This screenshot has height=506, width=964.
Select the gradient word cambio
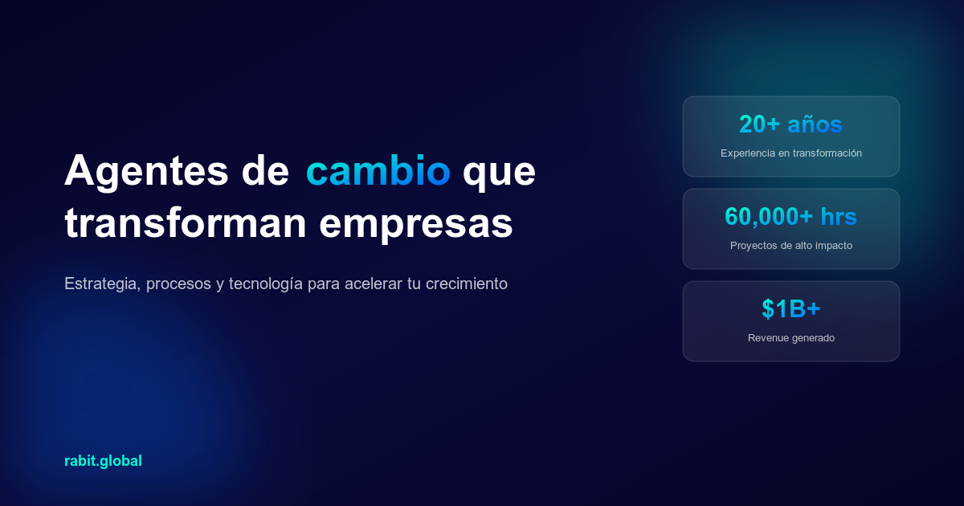click(x=378, y=170)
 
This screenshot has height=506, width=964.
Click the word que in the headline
click(x=499, y=172)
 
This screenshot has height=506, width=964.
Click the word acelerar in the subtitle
click(x=366, y=284)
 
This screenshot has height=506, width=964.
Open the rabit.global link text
click(x=103, y=461)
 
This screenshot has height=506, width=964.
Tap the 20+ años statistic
click(x=790, y=124)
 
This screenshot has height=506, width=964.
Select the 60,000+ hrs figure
click(x=790, y=217)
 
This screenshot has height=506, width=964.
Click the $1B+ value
click(x=790, y=309)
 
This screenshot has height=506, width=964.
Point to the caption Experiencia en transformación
click(x=790, y=153)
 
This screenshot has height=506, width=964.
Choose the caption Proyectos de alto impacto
click(x=790, y=245)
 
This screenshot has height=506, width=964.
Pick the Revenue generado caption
click(x=790, y=337)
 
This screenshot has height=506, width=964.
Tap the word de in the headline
click(x=265, y=170)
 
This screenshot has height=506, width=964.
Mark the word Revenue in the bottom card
click(x=766, y=337)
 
